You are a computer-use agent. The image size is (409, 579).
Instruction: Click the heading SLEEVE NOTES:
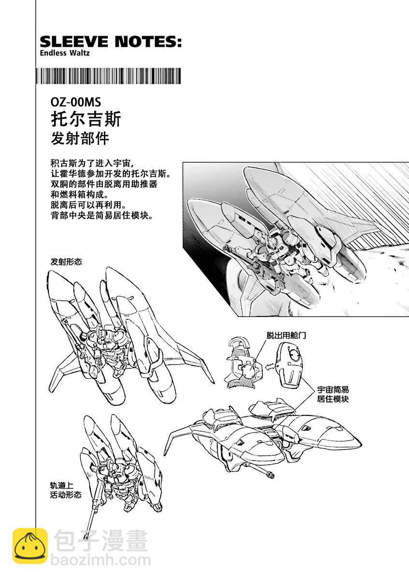[111, 41]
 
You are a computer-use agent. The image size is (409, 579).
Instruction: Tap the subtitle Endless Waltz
[65, 53]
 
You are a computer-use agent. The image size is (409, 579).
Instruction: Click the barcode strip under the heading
[108, 76]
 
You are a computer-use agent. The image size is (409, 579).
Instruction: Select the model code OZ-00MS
[76, 102]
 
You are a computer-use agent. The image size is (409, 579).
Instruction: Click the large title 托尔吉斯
[86, 119]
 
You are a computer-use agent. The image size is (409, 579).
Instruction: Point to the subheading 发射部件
[80, 138]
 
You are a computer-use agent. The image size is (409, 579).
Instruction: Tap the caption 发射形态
[66, 262]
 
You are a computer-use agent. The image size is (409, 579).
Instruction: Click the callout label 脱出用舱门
[286, 335]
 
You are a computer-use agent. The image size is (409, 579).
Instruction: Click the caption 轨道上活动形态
[66, 490]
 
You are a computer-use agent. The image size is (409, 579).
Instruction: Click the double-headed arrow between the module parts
[269, 367]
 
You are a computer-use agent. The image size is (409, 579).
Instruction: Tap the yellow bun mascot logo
[30, 545]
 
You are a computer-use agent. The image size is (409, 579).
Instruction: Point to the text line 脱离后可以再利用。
[88, 205]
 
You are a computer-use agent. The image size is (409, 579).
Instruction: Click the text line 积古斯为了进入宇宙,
[92, 164]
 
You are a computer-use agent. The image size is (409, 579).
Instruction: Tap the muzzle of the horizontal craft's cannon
[270, 475]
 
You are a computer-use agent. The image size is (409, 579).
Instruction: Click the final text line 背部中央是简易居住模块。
[102, 216]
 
